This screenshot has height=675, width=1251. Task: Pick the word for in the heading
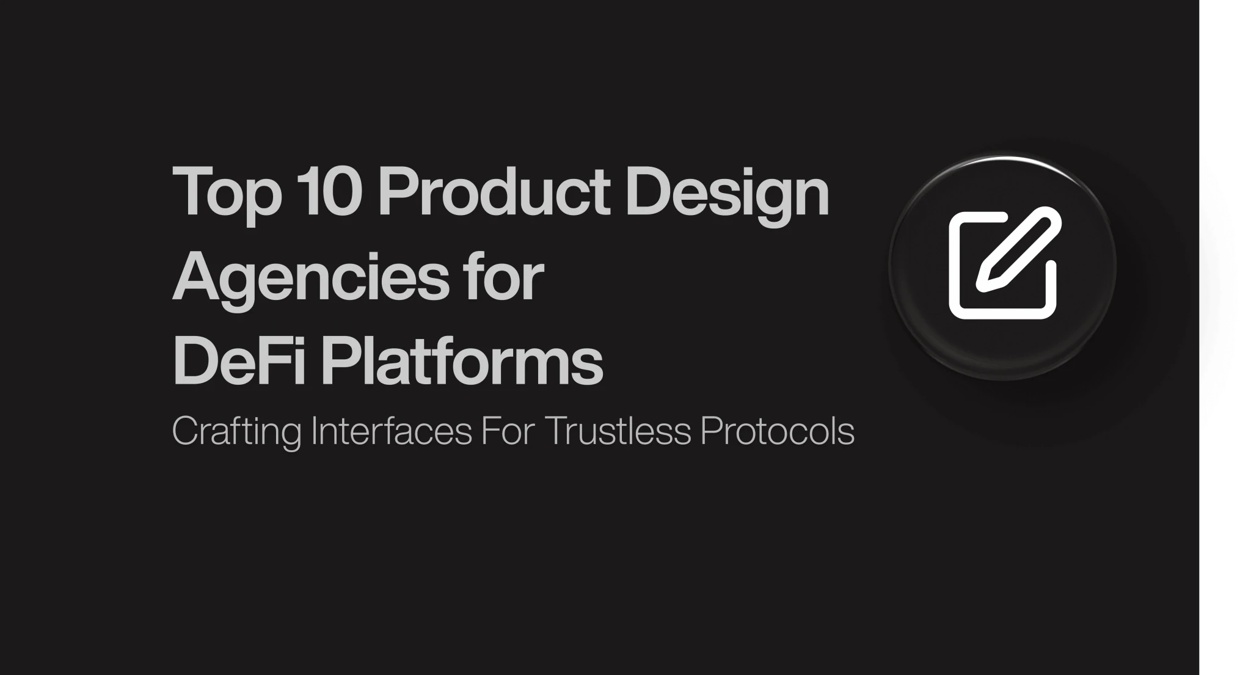click(x=503, y=276)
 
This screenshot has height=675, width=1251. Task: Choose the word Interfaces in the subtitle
click(x=392, y=431)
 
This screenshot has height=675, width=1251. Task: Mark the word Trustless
click(x=617, y=431)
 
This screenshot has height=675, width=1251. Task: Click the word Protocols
click(x=777, y=431)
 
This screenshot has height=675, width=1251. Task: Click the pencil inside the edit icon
click(x=1018, y=248)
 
